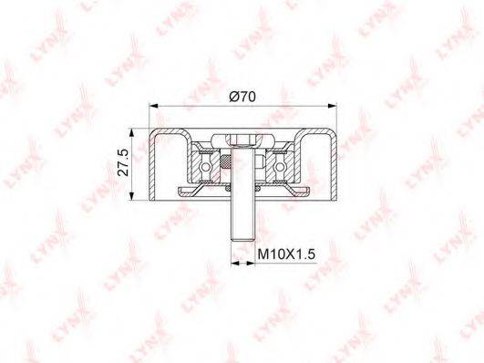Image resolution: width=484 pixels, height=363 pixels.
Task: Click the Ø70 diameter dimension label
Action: pyautogui.click(x=242, y=97)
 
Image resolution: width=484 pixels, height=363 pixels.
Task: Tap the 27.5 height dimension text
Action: pyautogui.click(x=123, y=162)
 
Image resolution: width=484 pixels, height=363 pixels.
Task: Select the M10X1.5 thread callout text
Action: pyautogui.click(x=286, y=254)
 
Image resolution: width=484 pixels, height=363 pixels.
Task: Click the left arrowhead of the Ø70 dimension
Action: pyautogui.click(x=153, y=106)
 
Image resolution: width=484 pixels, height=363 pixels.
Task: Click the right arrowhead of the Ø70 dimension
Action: pyautogui.click(x=332, y=106)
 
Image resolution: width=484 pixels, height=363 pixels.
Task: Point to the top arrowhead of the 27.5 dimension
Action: pyautogui.click(x=132, y=132)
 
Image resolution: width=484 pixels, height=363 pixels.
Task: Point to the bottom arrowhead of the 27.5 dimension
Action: pyautogui.click(x=132, y=196)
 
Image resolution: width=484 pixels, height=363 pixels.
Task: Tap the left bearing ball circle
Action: pyautogui.click(x=205, y=167)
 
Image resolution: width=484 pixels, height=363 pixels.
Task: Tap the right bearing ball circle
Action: pyautogui.click(x=279, y=167)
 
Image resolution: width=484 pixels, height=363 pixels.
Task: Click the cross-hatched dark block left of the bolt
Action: pyautogui.click(x=226, y=161)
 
